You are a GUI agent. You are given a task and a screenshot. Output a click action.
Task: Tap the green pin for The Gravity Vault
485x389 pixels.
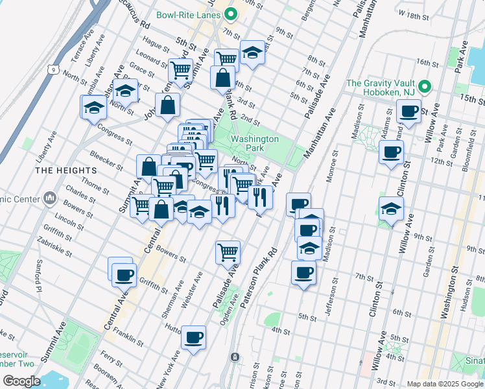tap(425, 86)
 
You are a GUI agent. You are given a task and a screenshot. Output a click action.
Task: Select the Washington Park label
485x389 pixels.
tap(255, 143)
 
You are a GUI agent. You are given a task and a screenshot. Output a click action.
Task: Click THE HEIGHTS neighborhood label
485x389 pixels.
tap(66, 170)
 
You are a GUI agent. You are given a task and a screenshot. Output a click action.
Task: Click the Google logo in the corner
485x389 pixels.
tap(21, 381)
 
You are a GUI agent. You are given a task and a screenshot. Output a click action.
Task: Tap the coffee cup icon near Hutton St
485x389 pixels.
tap(193, 337)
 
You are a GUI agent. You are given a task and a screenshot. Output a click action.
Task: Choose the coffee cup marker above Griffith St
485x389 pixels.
tap(123, 274)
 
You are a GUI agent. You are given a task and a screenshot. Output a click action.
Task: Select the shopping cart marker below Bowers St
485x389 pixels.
tap(228, 252)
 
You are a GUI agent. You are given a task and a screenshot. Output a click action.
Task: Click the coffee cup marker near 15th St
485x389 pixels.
tap(408, 111)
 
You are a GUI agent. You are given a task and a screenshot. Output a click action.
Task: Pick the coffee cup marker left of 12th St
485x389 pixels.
tap(390, 152)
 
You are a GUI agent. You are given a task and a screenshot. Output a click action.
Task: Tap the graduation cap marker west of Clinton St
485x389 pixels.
tap(392, 209)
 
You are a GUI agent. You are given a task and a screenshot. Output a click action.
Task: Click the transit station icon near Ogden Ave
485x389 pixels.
tap(235, 357)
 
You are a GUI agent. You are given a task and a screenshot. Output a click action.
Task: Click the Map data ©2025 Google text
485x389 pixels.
tap(444, 384)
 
